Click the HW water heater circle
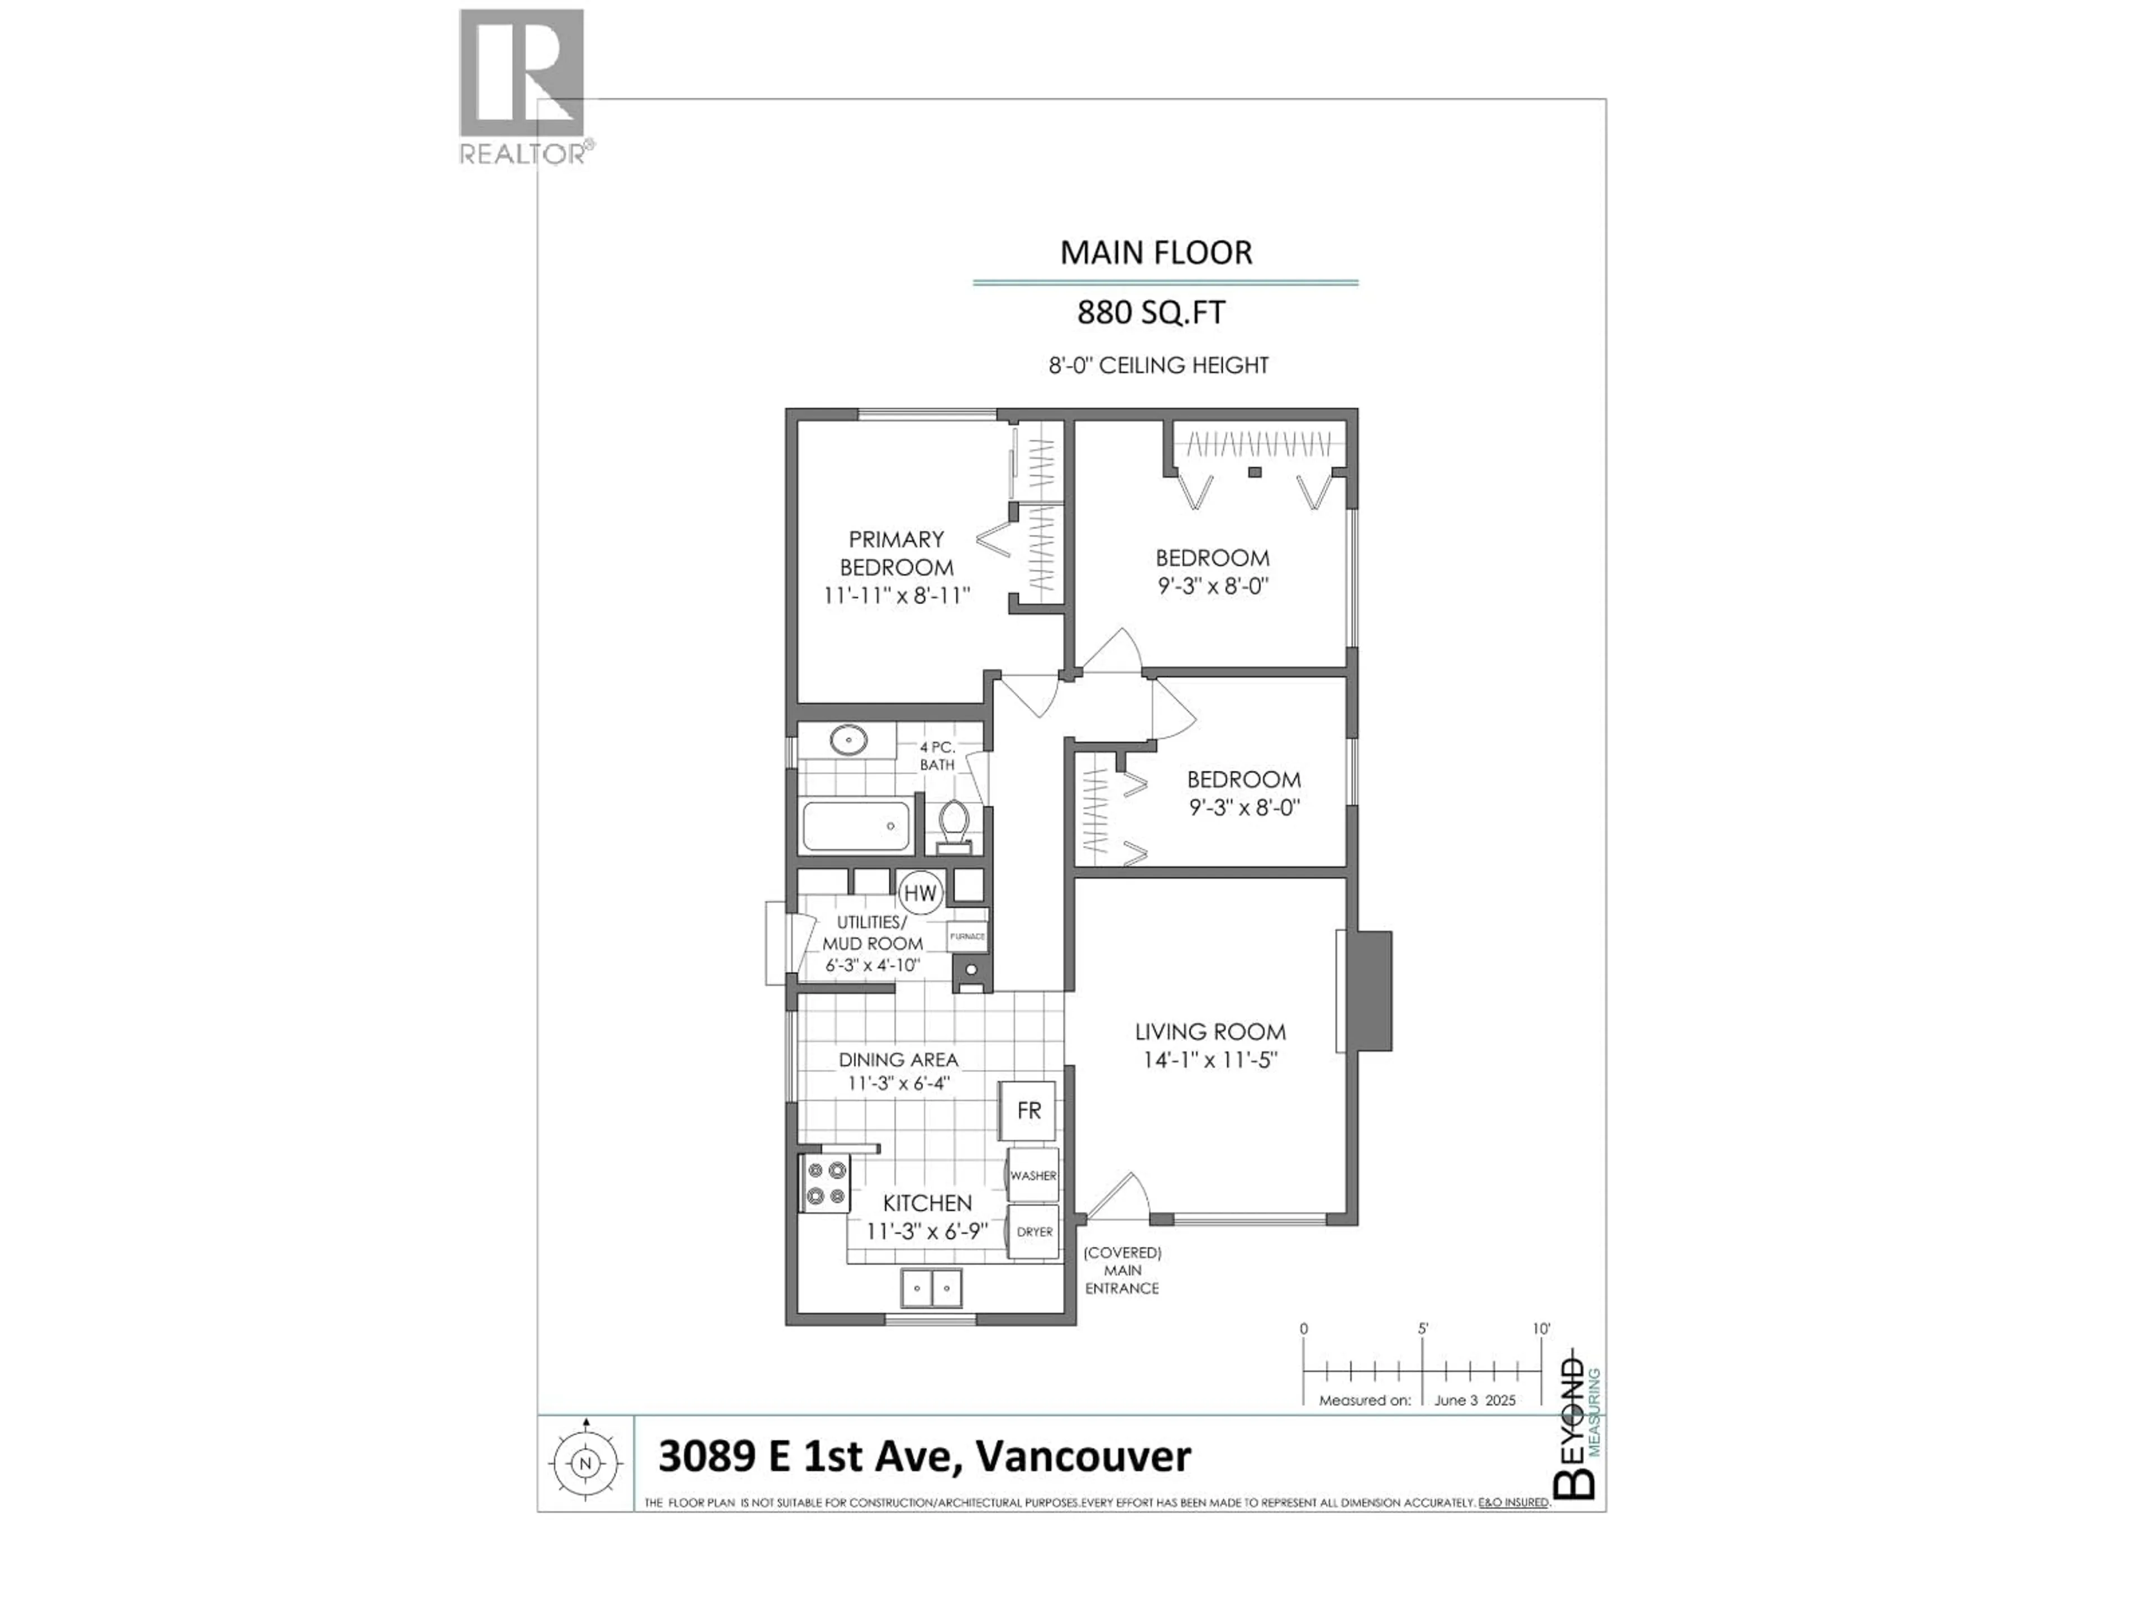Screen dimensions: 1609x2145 point(919,892)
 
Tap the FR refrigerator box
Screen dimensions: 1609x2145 point(1028,1111)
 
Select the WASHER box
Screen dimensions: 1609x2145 point(1033,1175)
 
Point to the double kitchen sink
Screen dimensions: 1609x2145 point(931,1288)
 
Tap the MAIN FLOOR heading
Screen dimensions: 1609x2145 point(1156,252)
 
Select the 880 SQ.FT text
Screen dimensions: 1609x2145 point(1151,312)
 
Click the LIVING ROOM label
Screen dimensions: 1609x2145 point(1210,1032)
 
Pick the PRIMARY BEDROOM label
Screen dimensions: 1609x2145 point(896,553)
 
